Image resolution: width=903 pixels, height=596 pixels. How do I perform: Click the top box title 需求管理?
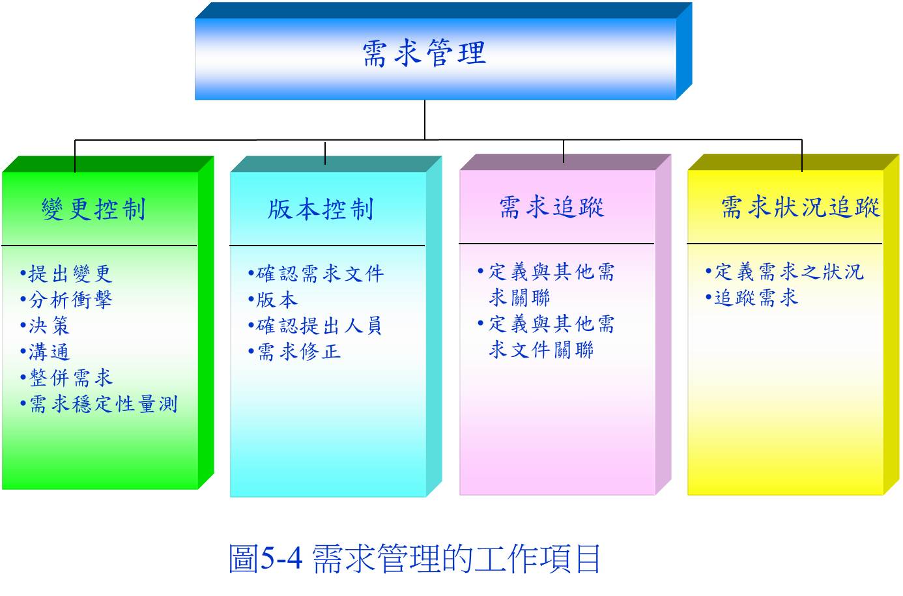click(x=424, y=53)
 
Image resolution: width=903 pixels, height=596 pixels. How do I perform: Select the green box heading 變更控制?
click(x=93, y=209)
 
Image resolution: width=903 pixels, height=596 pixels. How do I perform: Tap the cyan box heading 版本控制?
click(x=321, y=209)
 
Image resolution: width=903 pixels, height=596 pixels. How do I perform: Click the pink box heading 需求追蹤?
click(x=551, y=207)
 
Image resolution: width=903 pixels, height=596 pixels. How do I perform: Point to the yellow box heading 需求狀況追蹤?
click(x=800, y=207)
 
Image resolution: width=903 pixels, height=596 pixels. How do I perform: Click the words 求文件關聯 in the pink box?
click(x=541, y=349)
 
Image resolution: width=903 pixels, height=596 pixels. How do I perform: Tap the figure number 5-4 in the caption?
click(x=281, y=558)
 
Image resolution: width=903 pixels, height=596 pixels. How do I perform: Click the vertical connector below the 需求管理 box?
click(x=425, y=120)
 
